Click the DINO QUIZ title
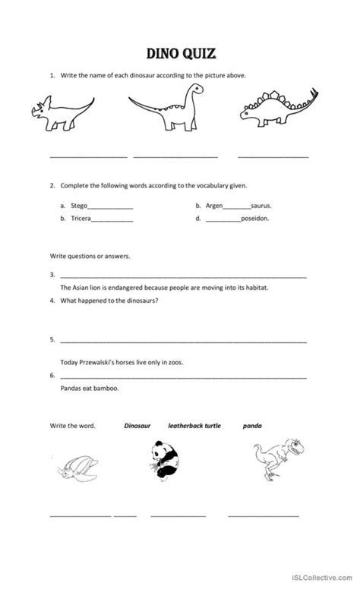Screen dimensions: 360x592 tap(180, 53)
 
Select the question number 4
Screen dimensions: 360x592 tap(52, 301)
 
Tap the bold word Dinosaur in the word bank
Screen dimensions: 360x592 tap(139, 426)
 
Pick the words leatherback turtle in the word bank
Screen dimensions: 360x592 tap(194, 426)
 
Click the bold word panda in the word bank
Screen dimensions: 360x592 tap(253, 426)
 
